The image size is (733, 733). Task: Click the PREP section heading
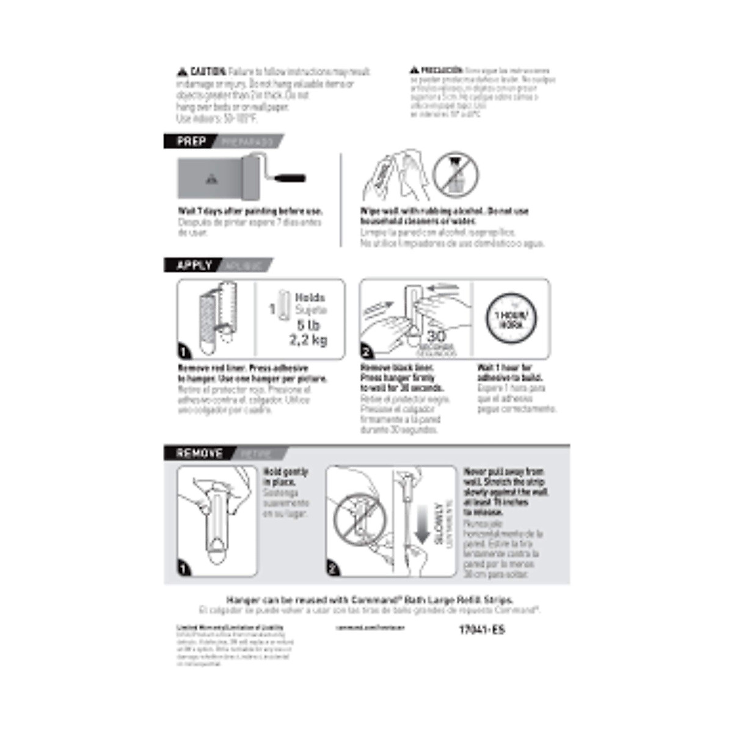[191, 142]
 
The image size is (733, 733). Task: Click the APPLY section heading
[194, 266]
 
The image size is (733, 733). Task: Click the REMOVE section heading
[199, 453]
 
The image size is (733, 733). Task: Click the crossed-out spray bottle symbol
[456, 174]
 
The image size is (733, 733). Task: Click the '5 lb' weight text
[308, 325]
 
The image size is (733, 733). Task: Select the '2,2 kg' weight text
[308, 340]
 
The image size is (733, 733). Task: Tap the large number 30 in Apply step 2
[436, 336]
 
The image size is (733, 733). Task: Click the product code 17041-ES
[482, 630]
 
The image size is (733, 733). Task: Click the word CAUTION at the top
[208, 72]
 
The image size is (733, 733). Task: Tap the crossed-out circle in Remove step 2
[359, 521]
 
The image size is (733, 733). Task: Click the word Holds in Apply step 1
[310, 298]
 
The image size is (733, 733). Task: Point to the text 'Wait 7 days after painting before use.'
[250, 211]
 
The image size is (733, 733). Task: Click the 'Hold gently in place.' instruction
[285, 477]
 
